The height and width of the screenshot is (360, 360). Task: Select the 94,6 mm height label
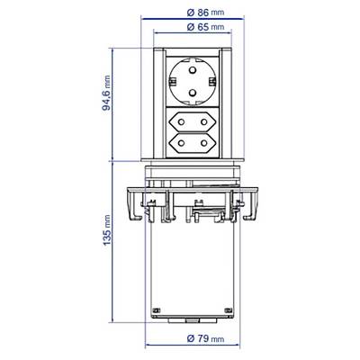[x=106, y=93]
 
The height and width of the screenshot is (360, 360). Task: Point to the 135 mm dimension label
[x=106, y=230]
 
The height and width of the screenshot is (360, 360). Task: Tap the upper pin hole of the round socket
[x=192, y=71]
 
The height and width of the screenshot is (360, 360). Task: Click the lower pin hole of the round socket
[x=192, y=93]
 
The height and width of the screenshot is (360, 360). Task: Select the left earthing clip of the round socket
[x=172, y=81]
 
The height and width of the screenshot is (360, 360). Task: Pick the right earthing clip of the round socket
[x=212, y=81]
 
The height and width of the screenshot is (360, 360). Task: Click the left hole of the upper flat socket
[x=181, y=121]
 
